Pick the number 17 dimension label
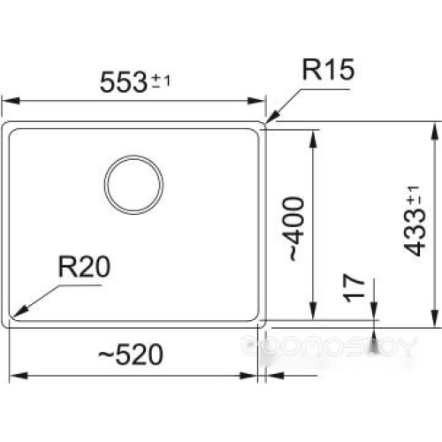[354, 288]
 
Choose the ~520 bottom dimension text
[131, 354]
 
